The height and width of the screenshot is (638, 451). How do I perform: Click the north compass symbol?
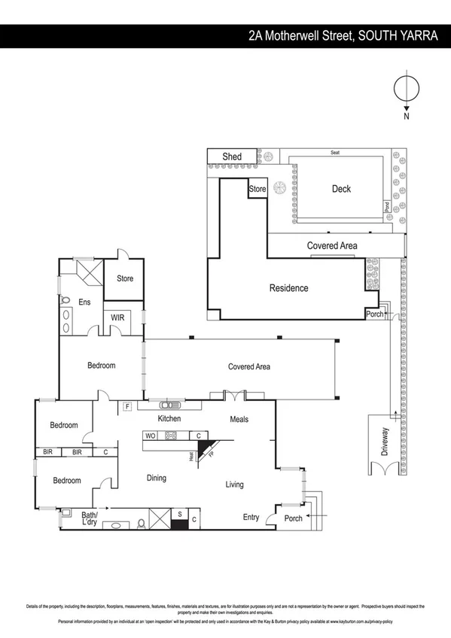point(406,88)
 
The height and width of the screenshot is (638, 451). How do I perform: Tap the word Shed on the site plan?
point(232,156)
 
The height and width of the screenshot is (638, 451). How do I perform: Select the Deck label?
point(342,189)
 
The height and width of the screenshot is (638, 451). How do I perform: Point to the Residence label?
point(289,288)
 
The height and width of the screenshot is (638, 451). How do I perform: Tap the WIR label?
point(117,317)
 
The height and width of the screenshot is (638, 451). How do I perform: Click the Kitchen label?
point(170,418)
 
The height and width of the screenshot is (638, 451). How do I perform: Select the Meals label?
point(239,419)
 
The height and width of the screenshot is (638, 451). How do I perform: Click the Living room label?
point(235,485)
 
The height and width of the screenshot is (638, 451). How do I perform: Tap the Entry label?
point(251,517)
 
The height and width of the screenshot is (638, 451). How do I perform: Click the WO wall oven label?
point(150,436)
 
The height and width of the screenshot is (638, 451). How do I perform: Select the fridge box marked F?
point(127,407)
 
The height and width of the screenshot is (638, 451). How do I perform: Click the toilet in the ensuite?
point(64,300)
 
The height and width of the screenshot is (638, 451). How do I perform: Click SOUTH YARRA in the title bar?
point(401,35)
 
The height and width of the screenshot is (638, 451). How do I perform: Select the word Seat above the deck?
point(334,152)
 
